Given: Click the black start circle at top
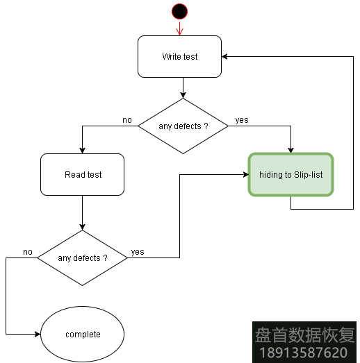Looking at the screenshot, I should pyautogui.click(x=179, y=11).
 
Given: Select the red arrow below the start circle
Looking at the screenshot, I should pyautogui.click(x=179, y=28).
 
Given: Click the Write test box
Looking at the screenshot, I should pyautogui.click(x=179, y=57).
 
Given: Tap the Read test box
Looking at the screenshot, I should pyautogui.click(x=83, y=175).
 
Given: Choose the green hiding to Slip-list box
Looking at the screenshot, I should pyautogui.click(x=291, y=175).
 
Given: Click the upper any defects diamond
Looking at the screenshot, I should pyautogui.click(x=183, y=126).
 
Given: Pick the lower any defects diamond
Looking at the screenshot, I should pyautogui.click(x=82, y=258).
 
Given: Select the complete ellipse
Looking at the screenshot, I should pyautogui.click(x=83, y=335).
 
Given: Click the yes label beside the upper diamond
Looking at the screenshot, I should pyautogui.click(x=242, y=120).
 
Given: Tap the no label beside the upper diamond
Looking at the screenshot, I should pyautogui.click(x=127, y=120).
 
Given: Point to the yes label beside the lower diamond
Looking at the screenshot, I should pyautogui.click(x=138, y=252).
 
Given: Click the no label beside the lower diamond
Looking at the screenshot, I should pyautogui.click(x=28, y=251).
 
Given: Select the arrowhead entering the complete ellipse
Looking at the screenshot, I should pyautogui.click(x=38, y=335).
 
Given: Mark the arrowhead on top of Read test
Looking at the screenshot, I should pyautogui.click(x=83, y=151).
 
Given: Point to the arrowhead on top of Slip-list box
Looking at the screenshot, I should pyautogui.click(x=291, y=149).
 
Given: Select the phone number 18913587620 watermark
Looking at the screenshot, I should pyautogui.click(x=303, y=353).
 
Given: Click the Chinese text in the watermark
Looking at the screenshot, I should pyautogui.click(x=303, y=335).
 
